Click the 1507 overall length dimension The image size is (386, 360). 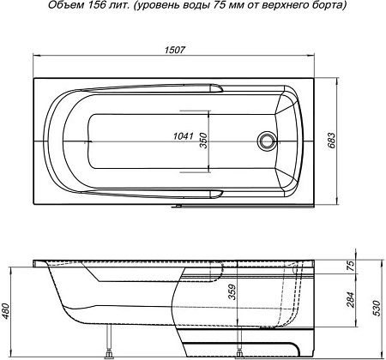point(176,48)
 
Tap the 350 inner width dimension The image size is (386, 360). point(204,140)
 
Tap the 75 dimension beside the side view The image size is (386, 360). point(351,264)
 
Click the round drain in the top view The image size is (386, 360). point(268,140)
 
